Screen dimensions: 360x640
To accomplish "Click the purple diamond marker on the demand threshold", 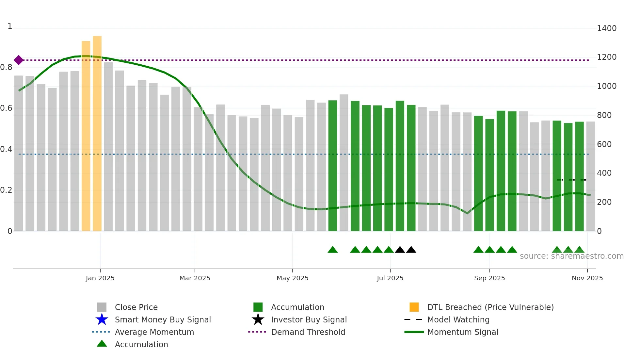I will (x=19, y=60).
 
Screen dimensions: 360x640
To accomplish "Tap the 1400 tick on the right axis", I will (x=606, y=28).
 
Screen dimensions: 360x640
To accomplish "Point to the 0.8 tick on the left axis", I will (x=7, y=67).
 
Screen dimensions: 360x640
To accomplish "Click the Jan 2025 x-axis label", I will (x=100, y=278).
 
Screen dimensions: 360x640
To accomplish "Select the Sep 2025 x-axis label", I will (x=489, y=278).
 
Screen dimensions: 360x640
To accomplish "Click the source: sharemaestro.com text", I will (x=571, y=256).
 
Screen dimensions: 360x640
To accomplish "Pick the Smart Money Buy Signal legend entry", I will (x=163, y=319).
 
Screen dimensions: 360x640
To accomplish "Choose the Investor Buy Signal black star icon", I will (x=258, y=319).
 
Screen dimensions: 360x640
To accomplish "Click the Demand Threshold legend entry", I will (x=308, y=332).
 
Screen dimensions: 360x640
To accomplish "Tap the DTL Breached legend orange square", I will (x=414, y=307).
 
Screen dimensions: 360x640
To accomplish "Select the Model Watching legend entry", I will (x=458, y=319).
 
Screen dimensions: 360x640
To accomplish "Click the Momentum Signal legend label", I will (x=462, y=332).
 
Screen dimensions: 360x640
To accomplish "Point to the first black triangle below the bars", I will (x=400, y=250).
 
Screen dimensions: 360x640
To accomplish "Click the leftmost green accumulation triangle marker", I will (x=332, y=250).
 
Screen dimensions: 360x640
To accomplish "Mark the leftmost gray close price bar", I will (x=19, y=154).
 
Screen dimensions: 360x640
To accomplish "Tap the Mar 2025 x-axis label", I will (x=195, y=278).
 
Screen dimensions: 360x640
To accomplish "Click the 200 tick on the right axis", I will (x=604, y=202).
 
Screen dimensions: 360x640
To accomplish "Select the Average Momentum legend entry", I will (x=154, y=332).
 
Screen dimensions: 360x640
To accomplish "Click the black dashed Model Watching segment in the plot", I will (x=571, y=180).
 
